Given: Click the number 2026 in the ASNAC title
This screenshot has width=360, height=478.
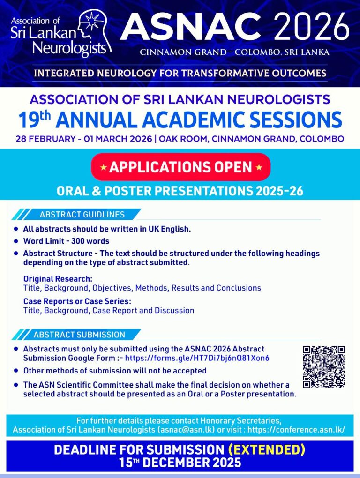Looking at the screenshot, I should (312, 27).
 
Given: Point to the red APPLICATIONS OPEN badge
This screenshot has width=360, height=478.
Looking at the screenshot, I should (180, 167).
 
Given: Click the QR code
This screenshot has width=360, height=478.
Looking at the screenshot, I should (324, 367).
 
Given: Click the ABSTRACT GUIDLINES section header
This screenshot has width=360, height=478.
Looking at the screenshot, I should (82, 215).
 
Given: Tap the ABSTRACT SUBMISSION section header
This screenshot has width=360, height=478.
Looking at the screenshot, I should (79, 335).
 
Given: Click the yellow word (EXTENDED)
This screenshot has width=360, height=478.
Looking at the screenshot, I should (266, 450).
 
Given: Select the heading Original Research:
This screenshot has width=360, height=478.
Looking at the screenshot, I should (58, 279).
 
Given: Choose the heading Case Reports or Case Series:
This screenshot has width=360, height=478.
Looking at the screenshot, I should (77, 301).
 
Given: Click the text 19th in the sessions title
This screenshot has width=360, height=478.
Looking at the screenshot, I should (34, 119).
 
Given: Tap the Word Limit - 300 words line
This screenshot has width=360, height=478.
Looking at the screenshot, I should (66, 241).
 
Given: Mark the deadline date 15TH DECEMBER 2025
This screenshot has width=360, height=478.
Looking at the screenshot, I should (180, 463).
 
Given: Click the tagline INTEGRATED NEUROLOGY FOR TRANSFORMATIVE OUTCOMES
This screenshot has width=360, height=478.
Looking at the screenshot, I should (180, 73).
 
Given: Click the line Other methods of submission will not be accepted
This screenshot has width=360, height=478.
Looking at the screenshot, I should (115, 371).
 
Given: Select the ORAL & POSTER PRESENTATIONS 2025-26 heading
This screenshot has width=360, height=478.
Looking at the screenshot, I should (180, 191).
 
